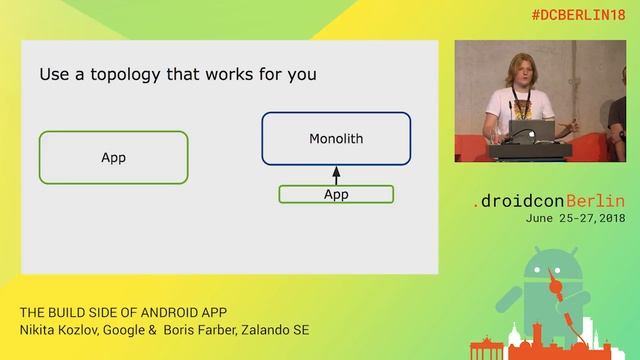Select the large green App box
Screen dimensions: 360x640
(113, 157)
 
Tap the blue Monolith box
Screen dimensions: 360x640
(336, 138)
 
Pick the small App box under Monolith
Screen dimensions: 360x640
(336, 195)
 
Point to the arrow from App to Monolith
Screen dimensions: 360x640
(336, 175)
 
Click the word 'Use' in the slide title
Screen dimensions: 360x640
(54, 75)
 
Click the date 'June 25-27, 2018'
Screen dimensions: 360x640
(576, 218)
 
